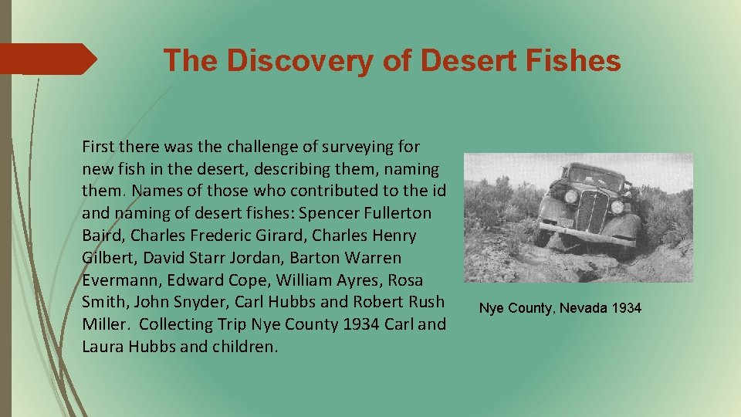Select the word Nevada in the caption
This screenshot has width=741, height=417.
pos(583,308)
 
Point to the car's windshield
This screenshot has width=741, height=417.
pos(596,178)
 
